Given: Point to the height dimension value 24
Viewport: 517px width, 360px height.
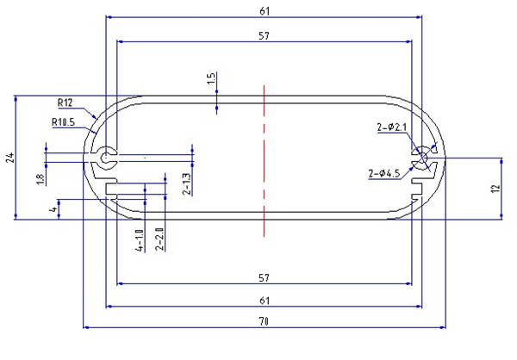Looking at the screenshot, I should (x=9, y=158).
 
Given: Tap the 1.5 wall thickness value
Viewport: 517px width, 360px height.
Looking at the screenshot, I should (x=210, y=81).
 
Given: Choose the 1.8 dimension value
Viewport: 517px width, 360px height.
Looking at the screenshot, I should (x=39, y=180).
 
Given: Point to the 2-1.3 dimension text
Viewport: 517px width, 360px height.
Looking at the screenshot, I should (x=186, y=183).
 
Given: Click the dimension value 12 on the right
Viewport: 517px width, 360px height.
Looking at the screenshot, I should (x=495, y=189).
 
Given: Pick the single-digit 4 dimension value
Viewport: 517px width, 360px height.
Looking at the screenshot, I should (x=53, y=209).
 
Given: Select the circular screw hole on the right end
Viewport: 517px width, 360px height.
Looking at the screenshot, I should (x=422, y=158).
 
